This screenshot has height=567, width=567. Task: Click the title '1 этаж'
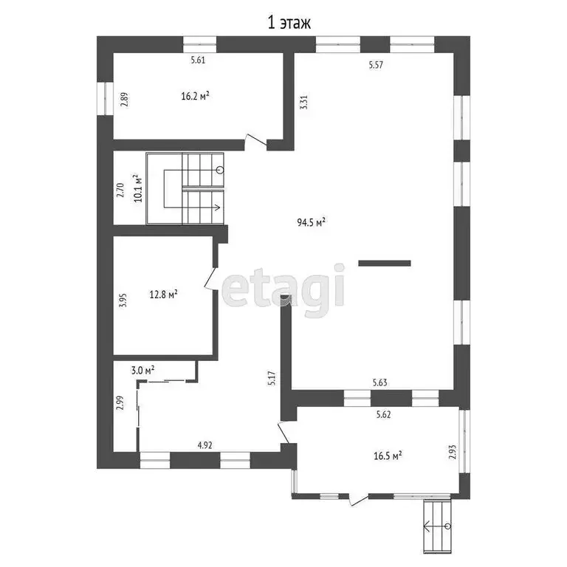tap(289, 24)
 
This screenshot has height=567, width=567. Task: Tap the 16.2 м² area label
tap(195, 96)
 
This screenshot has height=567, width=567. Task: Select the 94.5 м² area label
tap(312, 222)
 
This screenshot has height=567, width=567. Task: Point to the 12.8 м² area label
tap(163, 295)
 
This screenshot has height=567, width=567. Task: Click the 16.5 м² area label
tap(388, 456)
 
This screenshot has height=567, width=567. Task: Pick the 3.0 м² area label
tap(142, 371)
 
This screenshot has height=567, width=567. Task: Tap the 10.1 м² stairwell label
tap(137, 188)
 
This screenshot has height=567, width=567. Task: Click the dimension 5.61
tap(198, 60)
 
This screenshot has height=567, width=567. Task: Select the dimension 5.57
tap(376, 65)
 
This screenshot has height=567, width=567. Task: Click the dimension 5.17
tap(272, 378)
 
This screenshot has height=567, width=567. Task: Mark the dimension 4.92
tap(205, 445)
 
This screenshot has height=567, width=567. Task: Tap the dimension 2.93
tap(453, 452)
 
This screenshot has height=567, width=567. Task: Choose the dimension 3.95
tap(123, 300)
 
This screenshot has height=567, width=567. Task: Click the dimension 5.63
tap(379, 382)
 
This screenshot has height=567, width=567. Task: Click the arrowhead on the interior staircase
tap(217, 207)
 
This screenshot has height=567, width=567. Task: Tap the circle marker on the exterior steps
tap(448, 526)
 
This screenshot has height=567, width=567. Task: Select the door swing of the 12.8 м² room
tap(211, 278)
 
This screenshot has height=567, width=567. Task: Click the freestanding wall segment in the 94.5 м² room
tap(385, 264)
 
